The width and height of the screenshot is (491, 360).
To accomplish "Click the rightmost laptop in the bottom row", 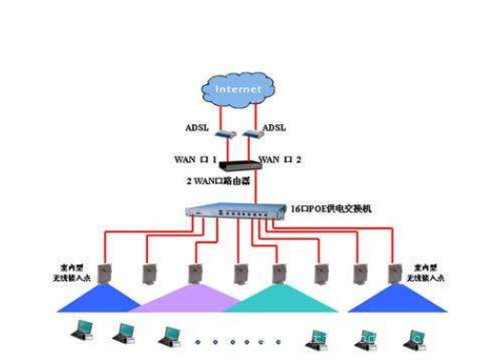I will [x=413, y=335].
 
